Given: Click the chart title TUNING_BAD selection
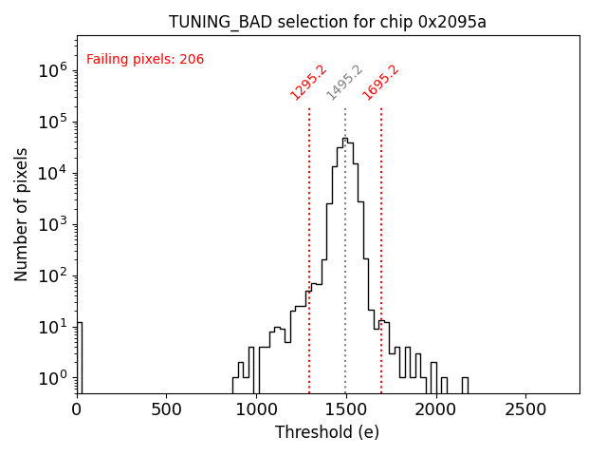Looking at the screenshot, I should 327,22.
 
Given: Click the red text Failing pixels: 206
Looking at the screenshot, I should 145,60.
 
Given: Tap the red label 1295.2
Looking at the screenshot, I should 308,83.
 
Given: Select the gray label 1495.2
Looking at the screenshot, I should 344,83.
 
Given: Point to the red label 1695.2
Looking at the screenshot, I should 380,83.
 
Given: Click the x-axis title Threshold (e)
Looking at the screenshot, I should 327,432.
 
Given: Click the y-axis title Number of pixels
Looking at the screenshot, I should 21,214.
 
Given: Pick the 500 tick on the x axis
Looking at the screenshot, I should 167,409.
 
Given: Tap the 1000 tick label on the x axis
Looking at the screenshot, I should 256,409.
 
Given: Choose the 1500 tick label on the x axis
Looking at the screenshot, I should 346,409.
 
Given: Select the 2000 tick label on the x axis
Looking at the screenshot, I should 436,409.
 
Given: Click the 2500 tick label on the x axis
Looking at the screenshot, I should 525,409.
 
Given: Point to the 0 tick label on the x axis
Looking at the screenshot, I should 77,409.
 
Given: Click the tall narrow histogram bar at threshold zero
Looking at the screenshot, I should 80,356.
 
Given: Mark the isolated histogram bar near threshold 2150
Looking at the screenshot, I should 465,386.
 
